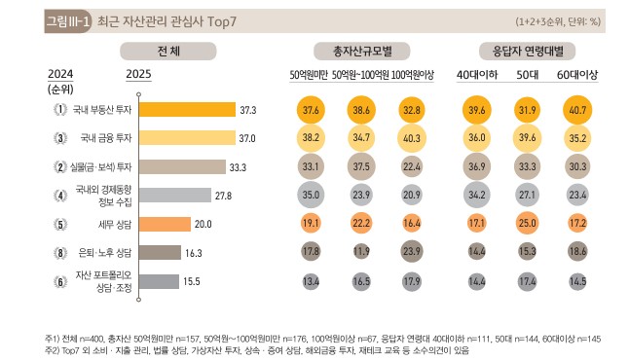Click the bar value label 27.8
click(x=223, y=196)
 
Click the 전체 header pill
click(x=156, y=51)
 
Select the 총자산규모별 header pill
click(x=361, y=51)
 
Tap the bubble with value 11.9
click(x=361, y=252)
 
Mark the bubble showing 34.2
click(x=476, y=196)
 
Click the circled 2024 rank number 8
click(x=59, y=252)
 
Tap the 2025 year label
click(x=139, y=72)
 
